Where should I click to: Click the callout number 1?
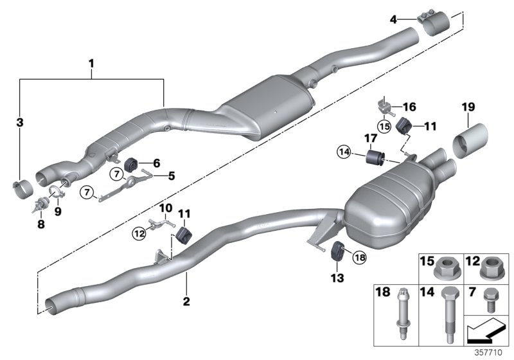[x=91, y=64]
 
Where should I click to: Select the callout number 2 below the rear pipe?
[x=186, y=301]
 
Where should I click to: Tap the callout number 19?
[x=467, y=108]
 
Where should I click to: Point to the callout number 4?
[x=393, y=20]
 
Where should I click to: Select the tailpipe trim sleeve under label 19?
[x=472, y=140]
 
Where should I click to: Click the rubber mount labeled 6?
[x=136, y=165]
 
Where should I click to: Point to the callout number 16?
[x=409, y=107]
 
